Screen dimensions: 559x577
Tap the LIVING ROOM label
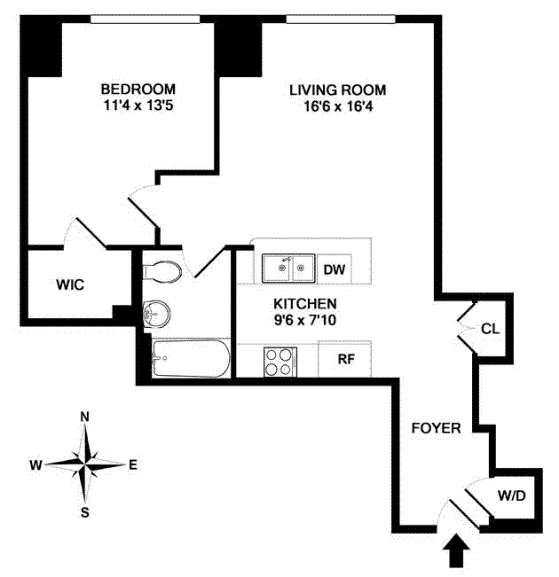338,90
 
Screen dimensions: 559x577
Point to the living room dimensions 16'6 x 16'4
338,107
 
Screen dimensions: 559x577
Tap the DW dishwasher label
334,269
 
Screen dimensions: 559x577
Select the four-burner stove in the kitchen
280,360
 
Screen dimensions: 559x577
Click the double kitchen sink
288,266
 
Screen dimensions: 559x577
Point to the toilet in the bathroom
163,271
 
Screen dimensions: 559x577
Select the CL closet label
490,328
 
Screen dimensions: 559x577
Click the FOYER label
436,428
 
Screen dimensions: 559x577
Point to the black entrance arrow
458,554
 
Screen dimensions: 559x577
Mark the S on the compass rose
85,511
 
